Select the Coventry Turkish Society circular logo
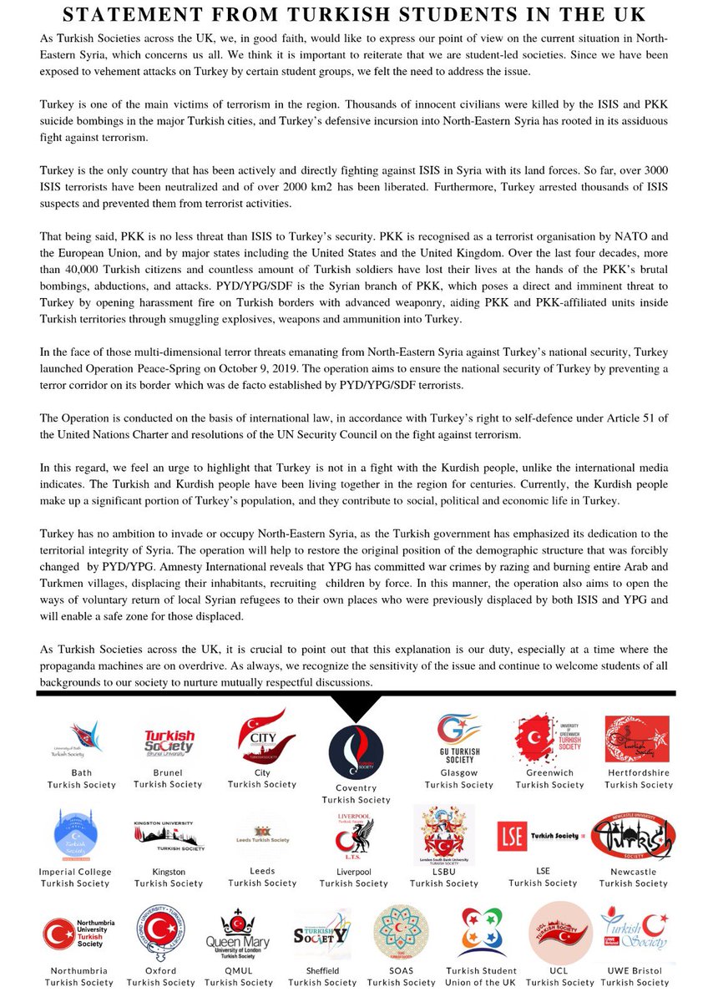(x=356, y=751)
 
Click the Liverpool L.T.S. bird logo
(x=355, y=834)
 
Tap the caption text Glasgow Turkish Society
(x=458, y=779)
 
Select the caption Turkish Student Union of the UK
(x=481, y=977)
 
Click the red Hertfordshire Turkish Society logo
(x=637, y=739)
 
